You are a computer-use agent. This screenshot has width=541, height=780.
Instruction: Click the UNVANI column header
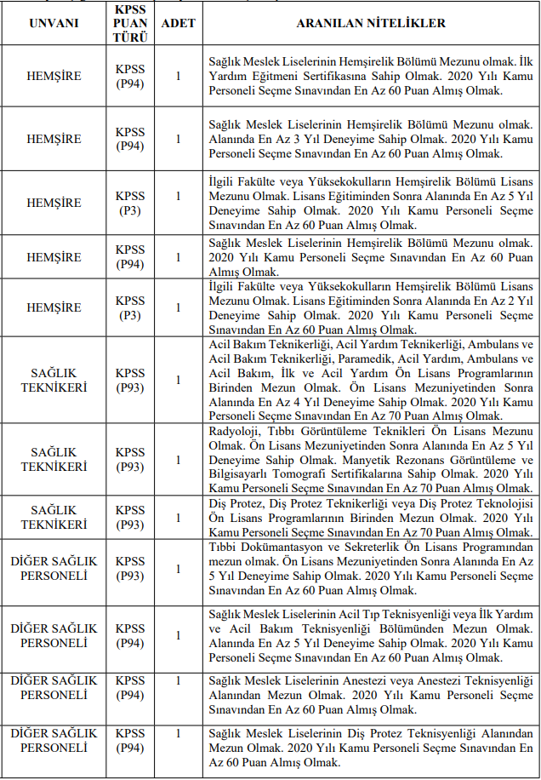[x=54, y=23]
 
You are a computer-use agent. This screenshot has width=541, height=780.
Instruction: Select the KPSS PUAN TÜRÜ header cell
[x=130, y=23]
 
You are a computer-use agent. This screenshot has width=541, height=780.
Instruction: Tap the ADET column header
[x=178, y=23]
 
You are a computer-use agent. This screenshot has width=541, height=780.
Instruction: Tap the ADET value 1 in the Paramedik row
[x=178, y=379]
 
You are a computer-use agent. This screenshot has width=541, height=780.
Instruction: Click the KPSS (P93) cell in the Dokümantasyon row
[x=130, y=570]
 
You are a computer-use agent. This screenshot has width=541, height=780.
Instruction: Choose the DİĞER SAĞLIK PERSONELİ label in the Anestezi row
[x=54, y=687]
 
